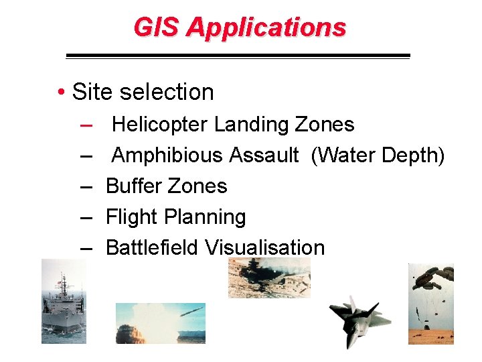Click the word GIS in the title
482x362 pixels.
[157, 27]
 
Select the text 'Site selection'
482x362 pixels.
[143, 92]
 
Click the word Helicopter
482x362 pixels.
[160, 125]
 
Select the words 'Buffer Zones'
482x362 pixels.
[167, 186]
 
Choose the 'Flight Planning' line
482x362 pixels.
[176, 217]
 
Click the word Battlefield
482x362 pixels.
[152, 247]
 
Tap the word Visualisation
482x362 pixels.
[264, 247]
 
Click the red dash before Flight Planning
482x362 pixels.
[86, 217]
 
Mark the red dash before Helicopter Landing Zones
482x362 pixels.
[86, 125]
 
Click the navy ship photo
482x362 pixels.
[64, 302]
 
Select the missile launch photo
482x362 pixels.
[160, 323]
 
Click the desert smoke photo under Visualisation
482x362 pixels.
[269, 278]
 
